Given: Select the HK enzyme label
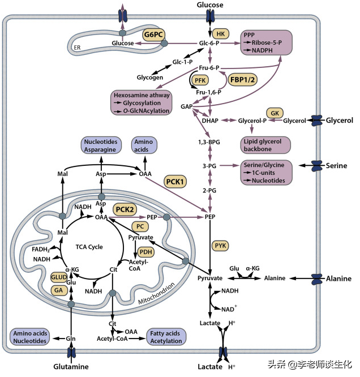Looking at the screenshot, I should pyautogui.click(x=220, y=33).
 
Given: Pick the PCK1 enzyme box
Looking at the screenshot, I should pyautogui.click(x=176, y=181).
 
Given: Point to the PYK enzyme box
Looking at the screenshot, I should pyautogui.click(x=221, y=245).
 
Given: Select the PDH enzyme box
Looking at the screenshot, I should pyautogui.click(x=147, y=252).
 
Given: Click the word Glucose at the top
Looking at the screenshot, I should pyautogui.click(x=209, y=5).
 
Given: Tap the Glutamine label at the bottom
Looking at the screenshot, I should pyautogui.click(x=71, y=366).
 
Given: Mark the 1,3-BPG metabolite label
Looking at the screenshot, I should pyautogui.click(x=209, y=142).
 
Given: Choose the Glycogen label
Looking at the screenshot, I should pyautogui.click(x=150, y=78).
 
